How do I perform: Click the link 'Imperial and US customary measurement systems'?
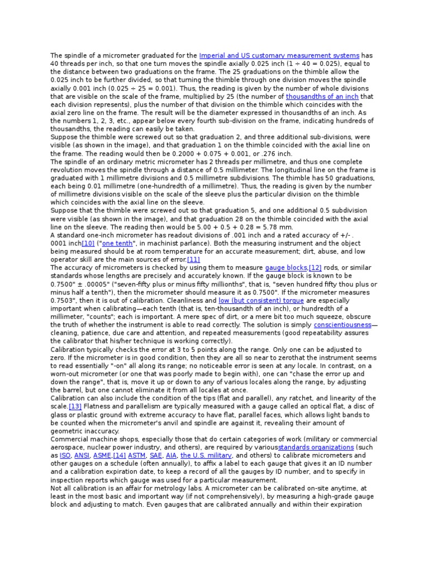[279, 56]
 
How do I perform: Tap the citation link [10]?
[88, 244]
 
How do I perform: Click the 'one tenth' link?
[118, 244]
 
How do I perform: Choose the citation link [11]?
[193, 260]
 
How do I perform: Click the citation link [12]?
[315, 268]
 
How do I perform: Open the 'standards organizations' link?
[316, 447]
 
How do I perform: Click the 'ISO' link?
[65, 455]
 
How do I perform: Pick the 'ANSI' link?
[83, 455]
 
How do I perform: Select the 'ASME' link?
[102, 455]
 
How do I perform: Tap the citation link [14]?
[120, 455]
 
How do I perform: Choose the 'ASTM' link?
[137, 455]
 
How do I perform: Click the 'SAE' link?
[156, 455]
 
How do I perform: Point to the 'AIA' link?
[171, 455]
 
